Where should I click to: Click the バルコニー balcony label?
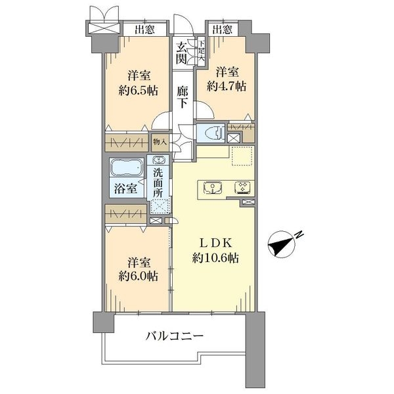pos(175,336)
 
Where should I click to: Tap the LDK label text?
pos(215,243)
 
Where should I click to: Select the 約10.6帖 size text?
pos(215,258)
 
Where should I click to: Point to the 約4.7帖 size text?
pos(227,86)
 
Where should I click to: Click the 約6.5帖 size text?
pos(138,90)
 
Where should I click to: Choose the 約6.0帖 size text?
pos(138,276)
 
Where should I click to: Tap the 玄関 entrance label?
pos(181,53)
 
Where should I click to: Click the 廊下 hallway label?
pos(182,97)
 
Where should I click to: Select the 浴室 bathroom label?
pos(125,188)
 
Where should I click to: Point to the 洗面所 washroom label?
pos(158,183)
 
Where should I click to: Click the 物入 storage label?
pos(160,142)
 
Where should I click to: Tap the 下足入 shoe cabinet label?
pos(202,51)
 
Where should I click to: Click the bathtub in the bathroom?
pos(127,167)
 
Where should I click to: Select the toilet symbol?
pos(214,133)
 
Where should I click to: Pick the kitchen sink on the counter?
pos(213,188)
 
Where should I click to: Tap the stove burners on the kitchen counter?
pos(242,188)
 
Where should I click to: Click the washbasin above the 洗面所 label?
pos(158,160)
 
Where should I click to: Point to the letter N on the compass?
pos(299,234)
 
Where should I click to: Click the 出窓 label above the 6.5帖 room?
pos(144,30)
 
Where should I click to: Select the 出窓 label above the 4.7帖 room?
pos(223,30)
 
